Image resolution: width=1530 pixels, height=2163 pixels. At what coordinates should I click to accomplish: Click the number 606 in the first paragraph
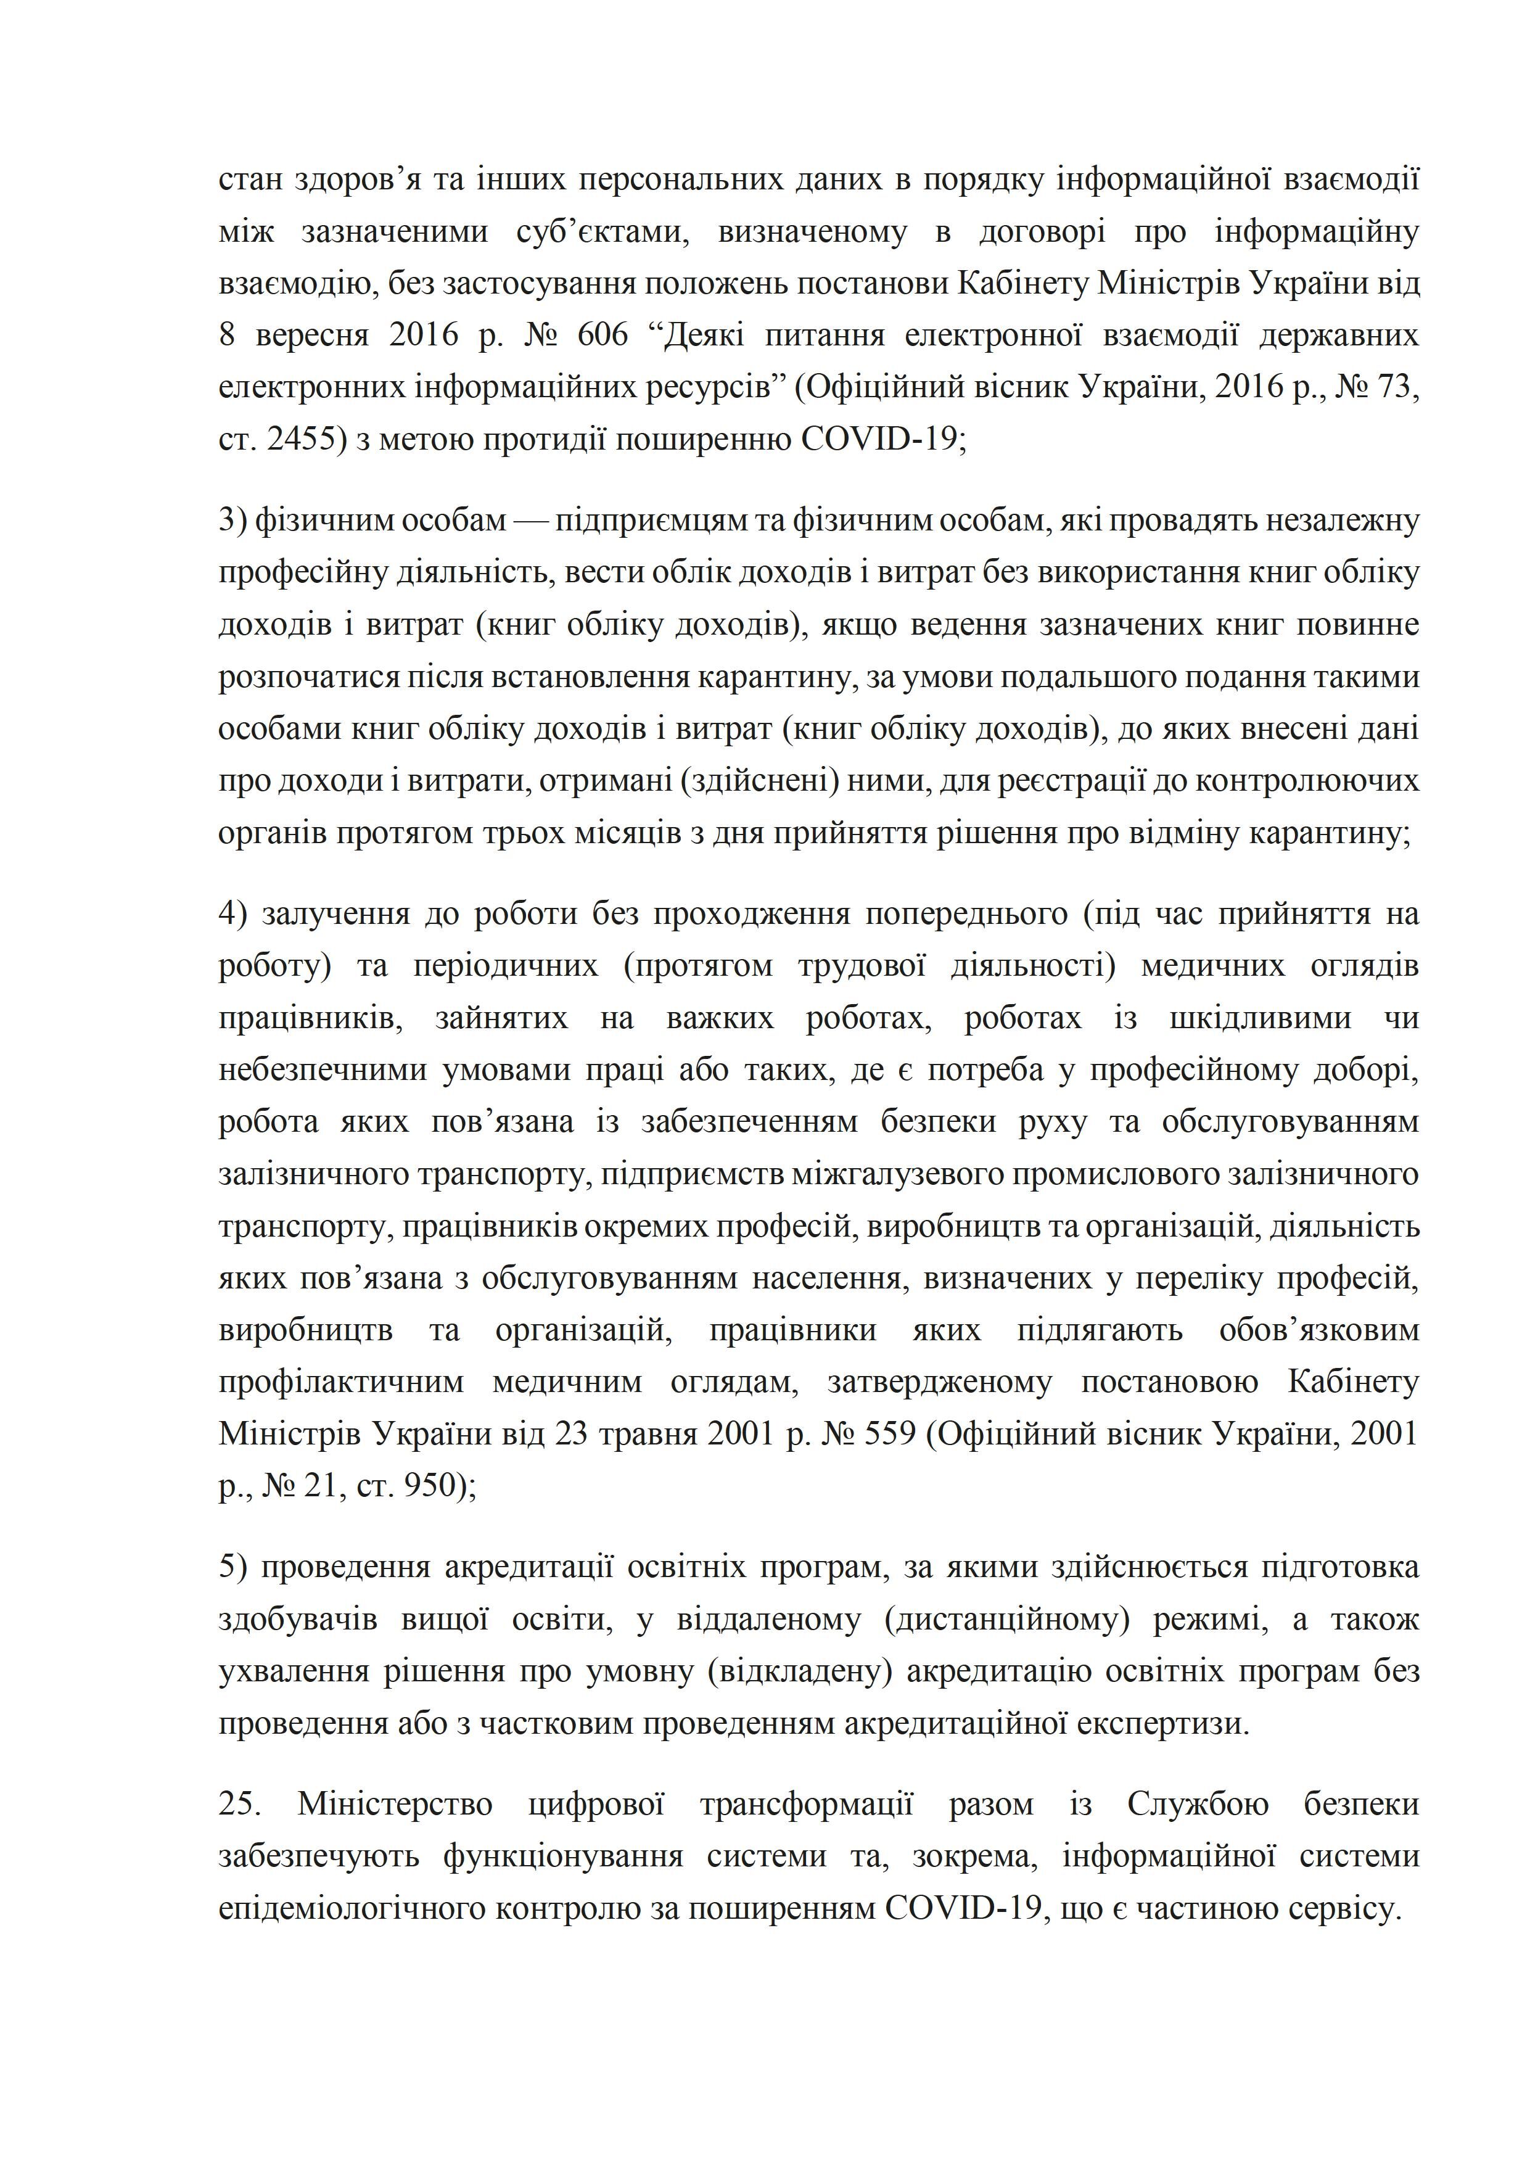pos(601,336)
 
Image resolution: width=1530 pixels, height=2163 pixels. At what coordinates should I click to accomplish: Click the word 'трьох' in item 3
pos(512,834)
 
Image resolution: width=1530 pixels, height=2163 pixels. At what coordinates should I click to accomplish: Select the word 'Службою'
pos(1196,1804)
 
